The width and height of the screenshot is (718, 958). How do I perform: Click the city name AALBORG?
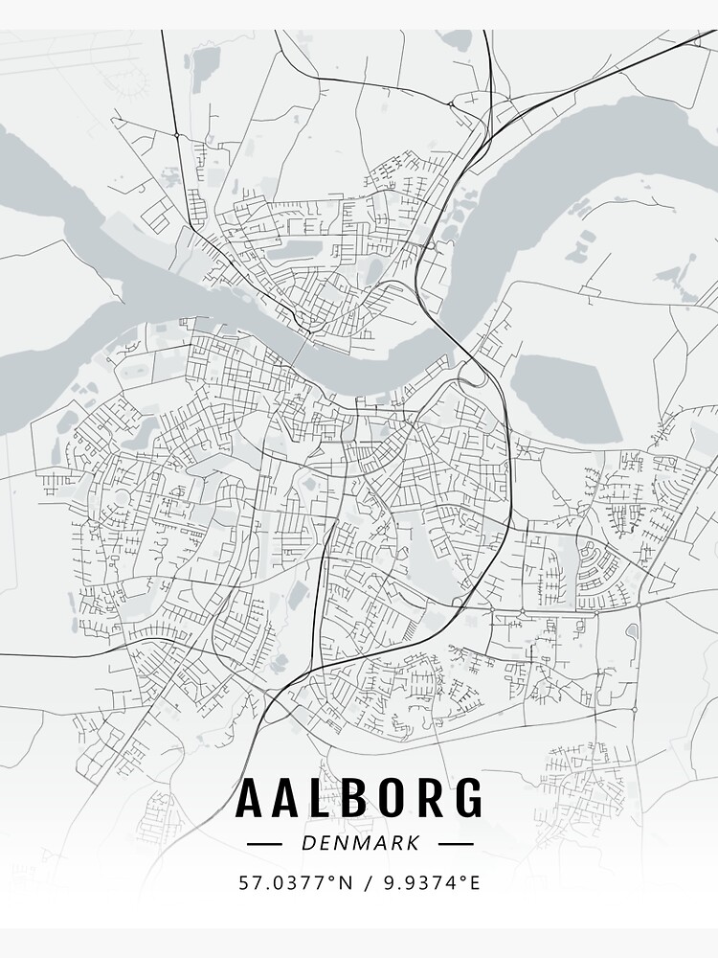coord(359,798)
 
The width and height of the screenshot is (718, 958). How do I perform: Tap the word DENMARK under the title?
coord(360,844)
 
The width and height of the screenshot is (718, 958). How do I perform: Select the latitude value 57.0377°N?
coord(290,881)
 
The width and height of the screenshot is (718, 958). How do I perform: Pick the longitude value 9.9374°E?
coord(430,881)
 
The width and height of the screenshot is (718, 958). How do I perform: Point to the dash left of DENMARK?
coord(264,844)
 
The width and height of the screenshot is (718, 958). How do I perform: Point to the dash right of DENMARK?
coord(456,844)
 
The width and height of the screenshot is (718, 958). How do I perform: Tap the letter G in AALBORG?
coord(466,798)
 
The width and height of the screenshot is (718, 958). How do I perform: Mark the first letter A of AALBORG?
coord(250,798)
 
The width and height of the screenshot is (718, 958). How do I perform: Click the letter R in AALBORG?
coord(429,798)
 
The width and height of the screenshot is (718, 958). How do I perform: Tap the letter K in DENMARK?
coord(413,844)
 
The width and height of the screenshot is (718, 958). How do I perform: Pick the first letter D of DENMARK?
coord(307,844)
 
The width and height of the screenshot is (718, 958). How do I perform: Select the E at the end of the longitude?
coord(474,881)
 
